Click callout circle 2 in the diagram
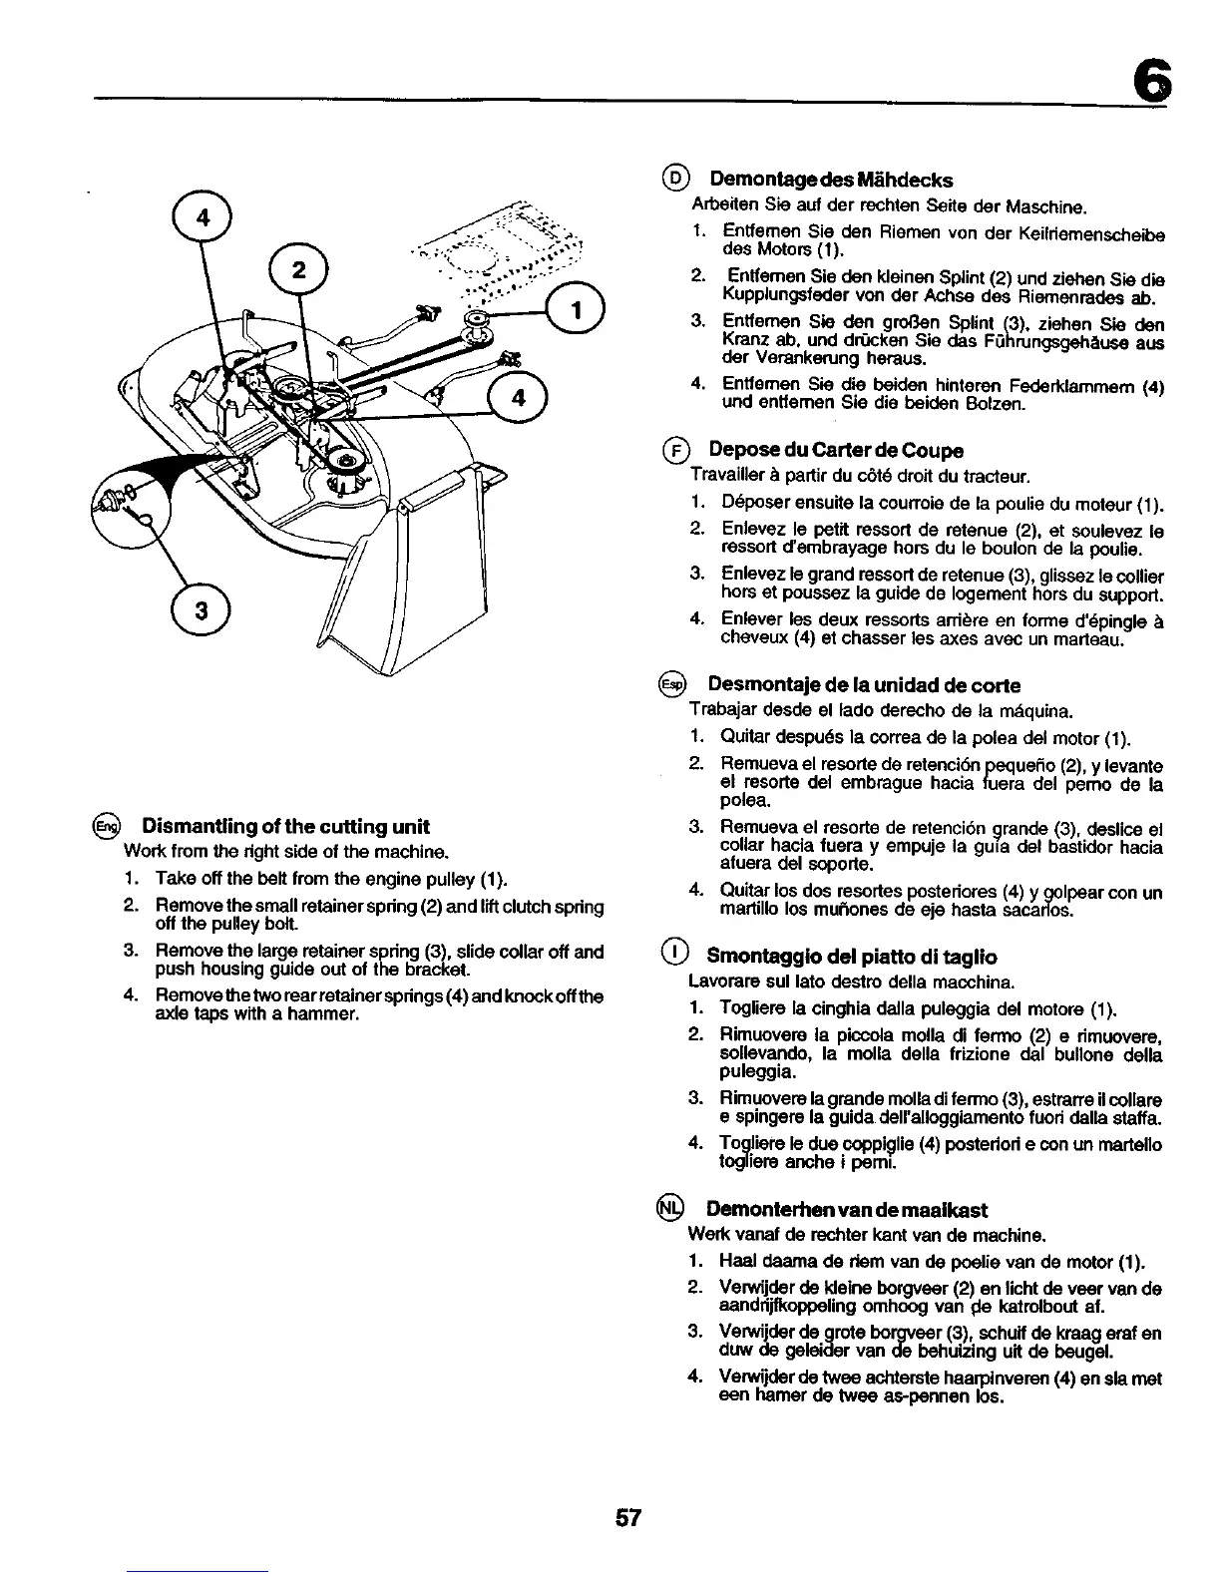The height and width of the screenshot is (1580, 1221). pyautogui.click(x=299, y=270)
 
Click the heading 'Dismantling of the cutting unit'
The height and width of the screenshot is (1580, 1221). pyautogui.click(x=285, y=827)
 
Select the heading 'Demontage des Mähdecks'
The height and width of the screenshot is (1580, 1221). pyautogui.click(x=830, y=180)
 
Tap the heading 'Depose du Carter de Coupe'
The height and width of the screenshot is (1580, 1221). pyautogui.click(x=835, y=450)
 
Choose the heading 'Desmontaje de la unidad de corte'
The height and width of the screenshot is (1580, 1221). pyautogui.click(x=864, y=685)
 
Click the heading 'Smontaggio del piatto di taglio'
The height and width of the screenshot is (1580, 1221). pyautogui.click(x=851, y=956)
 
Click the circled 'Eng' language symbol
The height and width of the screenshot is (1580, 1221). pyautogui.click(x=106, y=827)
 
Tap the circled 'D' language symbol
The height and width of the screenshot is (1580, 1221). pyautogui.click(x=676, y=180)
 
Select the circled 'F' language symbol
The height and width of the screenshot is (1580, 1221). pyautogui.click(x=676, y=451)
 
